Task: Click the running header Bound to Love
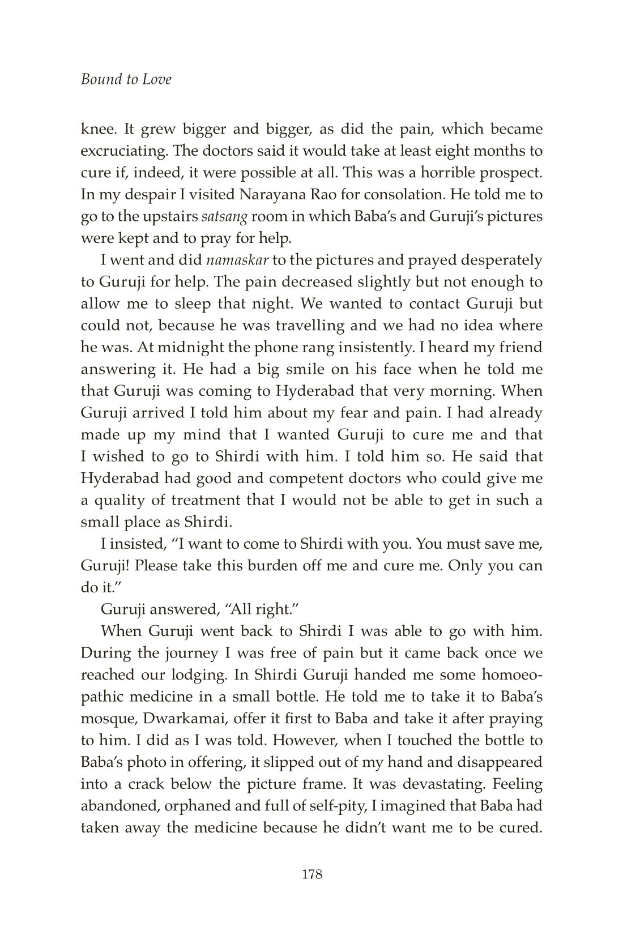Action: (x=126, y=79)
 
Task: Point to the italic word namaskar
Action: (x=237, y=260)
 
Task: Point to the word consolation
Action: (x=422, y=194)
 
